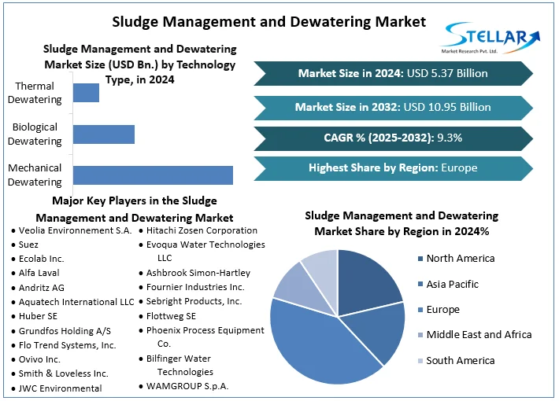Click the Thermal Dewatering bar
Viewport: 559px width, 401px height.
coord(86,92)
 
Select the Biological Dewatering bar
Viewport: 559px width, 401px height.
coord(103,134)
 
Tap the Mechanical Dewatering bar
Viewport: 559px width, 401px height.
coord(153,175)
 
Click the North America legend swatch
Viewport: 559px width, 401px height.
coord(420,259)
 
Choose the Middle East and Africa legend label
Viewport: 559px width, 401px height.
coord(479,334)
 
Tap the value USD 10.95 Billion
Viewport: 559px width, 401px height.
coord(448,107)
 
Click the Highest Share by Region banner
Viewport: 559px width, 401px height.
coord(392,167)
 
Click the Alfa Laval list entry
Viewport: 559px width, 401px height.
coord(39,273)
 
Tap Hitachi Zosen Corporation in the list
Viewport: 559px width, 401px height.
coord(202,230)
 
